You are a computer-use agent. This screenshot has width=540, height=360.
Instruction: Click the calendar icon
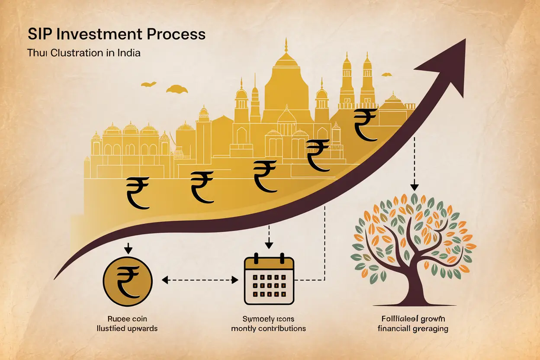269,280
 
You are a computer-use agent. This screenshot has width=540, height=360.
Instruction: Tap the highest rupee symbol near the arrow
366,125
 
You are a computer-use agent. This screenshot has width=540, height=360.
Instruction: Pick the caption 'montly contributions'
269,328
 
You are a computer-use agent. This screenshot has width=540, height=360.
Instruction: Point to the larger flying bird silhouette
177,89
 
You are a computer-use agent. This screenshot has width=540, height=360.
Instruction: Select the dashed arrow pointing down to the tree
415,164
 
